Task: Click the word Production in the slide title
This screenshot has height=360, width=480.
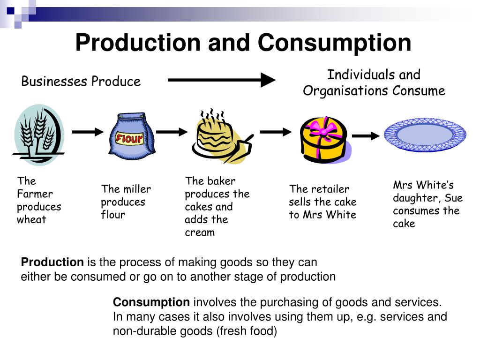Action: [x=137, y=43]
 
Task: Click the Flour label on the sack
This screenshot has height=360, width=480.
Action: [x=129, y=138]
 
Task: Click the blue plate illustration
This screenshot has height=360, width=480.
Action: [x=425, y=135]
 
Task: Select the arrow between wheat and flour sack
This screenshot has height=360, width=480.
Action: [x=87, y=132]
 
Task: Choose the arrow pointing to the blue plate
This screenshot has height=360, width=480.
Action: [x=365, y=136]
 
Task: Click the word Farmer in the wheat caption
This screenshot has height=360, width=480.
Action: [x=35, y=194]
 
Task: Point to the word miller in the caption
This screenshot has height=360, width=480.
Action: [x=137, y=189]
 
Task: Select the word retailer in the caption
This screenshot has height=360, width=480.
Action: [x=333, y=189]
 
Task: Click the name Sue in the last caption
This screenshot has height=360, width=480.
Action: [x=453, y=198]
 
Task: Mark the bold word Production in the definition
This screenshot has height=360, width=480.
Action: [x=52, y=262]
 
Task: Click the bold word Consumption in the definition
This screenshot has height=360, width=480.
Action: [x=151, y=302]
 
